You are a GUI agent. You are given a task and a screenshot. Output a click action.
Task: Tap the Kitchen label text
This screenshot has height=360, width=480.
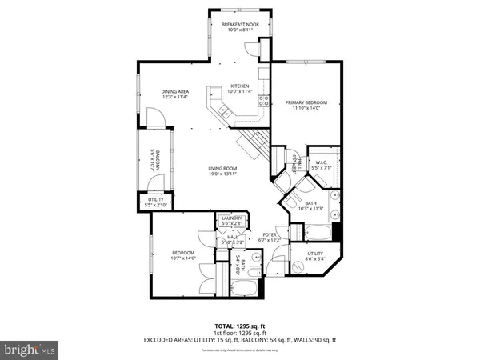(x=240, y=86)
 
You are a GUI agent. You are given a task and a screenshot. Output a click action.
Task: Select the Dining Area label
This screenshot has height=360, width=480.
(x=174, y=91)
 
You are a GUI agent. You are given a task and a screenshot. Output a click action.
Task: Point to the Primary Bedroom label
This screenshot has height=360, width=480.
(x=306, y=102)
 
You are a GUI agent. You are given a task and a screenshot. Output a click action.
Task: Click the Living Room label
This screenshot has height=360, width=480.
(x=226, y=168)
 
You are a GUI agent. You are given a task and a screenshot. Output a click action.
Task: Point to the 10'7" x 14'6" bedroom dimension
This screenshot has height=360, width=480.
(x=183, y=259)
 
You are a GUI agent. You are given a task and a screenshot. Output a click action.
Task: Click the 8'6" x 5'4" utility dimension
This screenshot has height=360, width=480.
(x=314, y=259)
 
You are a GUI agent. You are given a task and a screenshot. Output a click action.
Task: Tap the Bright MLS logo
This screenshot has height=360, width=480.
(x=30, y=349)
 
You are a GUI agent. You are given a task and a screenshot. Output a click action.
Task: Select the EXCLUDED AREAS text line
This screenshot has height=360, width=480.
(x=240, y=340)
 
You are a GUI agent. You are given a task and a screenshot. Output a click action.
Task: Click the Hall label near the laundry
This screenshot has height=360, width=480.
(x=232, y=237)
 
